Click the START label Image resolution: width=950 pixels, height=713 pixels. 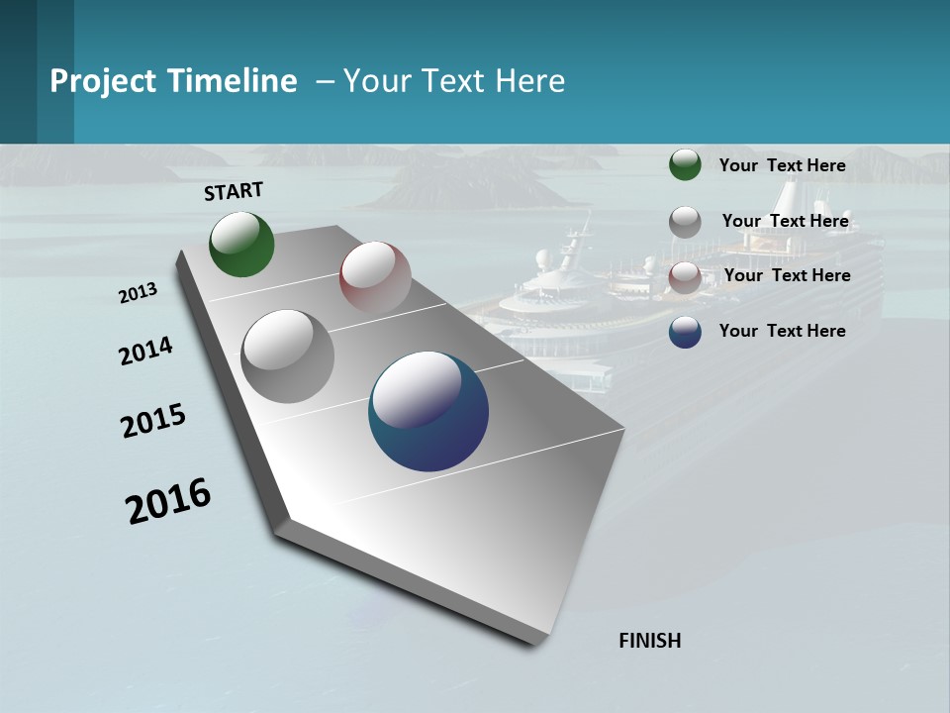click(x=234, y=191)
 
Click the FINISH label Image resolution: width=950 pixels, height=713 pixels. click(x=650, y=641)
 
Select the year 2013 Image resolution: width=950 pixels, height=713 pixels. click(x=139, y=293)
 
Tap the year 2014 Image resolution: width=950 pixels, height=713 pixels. click(x=145, y=351)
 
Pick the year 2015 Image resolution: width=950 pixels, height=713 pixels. click(x=153, y=421)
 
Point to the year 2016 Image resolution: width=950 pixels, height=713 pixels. click(x=168, y=500)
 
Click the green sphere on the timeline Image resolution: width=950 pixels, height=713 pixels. click(x=241, y=244)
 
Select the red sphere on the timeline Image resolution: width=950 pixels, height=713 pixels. click(x=375, y=276)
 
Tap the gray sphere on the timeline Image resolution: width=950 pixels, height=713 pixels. click(x=288, y=356)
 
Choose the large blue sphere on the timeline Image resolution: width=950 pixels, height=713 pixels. click(x=428, y=411)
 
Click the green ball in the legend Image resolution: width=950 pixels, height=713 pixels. click(x=685, y=164)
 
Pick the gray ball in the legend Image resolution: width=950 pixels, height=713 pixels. click(x=685, y=222)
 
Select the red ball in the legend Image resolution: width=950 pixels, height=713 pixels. click(x=685, y=277)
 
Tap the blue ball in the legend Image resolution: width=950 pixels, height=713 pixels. click(x=685, y=332)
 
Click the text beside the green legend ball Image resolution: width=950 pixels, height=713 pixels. click(x=782, y=165)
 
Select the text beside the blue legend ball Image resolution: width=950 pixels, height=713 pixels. click(x=782, y=331)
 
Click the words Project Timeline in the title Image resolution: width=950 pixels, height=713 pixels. click(x=173, y=81)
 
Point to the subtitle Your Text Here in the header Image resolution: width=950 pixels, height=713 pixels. click(x=454, y=81)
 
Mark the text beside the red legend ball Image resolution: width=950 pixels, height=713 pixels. click(x=787, y=275)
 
